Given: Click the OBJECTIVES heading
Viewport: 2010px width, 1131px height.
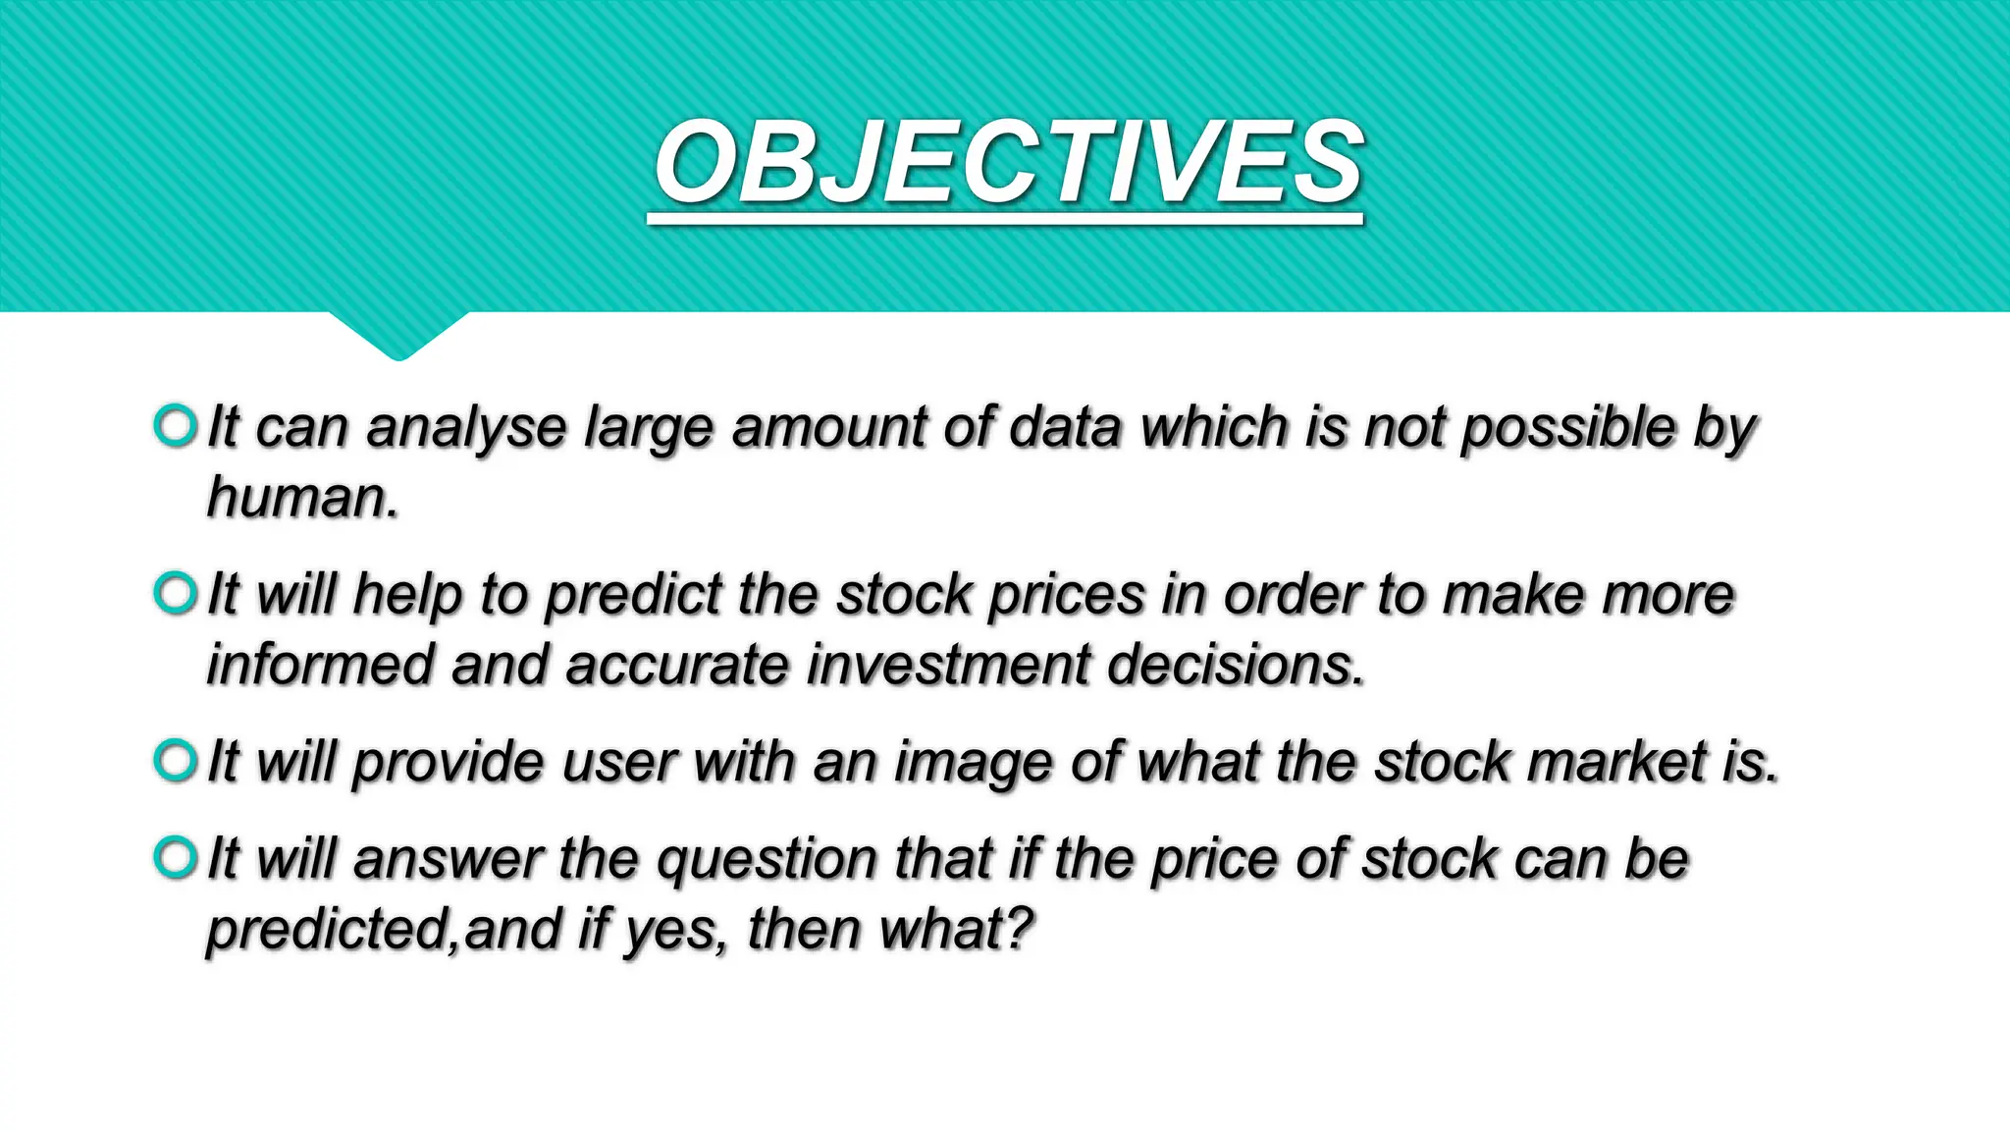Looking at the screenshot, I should (1008, 163).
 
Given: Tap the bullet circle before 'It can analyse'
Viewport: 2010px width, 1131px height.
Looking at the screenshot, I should (176, 426).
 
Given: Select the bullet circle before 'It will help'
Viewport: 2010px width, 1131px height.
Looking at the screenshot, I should (176, 593).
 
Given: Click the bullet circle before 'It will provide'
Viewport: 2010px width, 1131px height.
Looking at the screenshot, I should (176, 761).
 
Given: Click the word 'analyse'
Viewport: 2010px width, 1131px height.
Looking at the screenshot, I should (466, 430).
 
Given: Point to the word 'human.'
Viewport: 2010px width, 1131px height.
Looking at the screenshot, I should (302, 497).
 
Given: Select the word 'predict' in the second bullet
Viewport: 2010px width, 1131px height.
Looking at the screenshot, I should (634, 597).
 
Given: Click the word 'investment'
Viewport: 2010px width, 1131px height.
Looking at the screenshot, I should (948, 665).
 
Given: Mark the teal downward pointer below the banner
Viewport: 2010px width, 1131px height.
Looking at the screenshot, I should (397, 334).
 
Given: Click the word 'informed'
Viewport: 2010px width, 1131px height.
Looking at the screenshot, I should (320, 665).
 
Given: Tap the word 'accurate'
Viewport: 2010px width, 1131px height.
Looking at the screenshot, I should (677, 665).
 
